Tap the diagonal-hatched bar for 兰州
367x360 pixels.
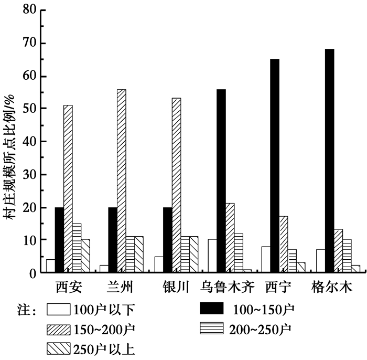[121, 181]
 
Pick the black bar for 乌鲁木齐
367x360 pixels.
[221, 181]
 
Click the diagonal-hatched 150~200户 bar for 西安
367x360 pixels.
[68, 189]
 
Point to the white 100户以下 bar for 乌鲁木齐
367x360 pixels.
[212, 256]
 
